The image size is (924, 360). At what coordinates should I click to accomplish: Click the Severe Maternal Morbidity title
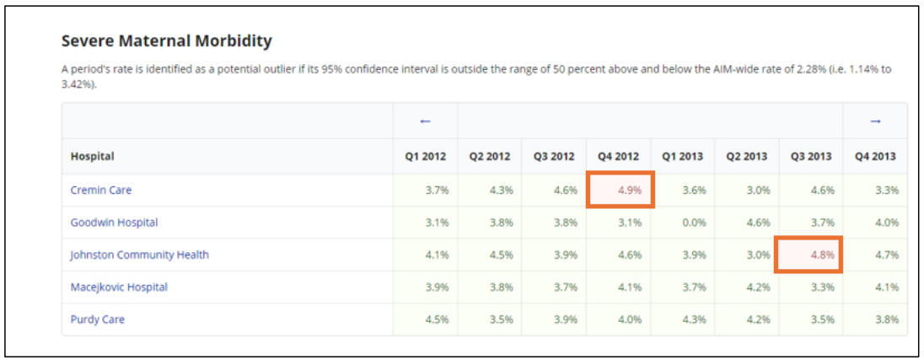[167, 40]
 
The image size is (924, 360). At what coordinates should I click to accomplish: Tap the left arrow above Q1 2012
[425, 121]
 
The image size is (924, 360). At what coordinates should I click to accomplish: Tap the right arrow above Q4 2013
[875, 121]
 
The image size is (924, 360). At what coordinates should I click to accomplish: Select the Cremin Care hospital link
[101, 191]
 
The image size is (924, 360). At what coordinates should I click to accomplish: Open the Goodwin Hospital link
[114, 223]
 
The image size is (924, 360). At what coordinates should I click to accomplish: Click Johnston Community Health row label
[139, 255]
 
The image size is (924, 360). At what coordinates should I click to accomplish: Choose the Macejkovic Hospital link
[119, 287]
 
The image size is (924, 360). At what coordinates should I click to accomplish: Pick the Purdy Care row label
[98, 320]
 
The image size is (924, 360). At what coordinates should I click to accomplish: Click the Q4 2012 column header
[618, 157]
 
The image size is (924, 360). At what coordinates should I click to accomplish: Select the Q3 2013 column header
[810, 157]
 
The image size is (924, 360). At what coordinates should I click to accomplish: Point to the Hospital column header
[92, 157]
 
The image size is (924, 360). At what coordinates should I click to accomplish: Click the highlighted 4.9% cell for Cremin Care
[618, 191]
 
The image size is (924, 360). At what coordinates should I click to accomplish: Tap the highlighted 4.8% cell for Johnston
[810, 255]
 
